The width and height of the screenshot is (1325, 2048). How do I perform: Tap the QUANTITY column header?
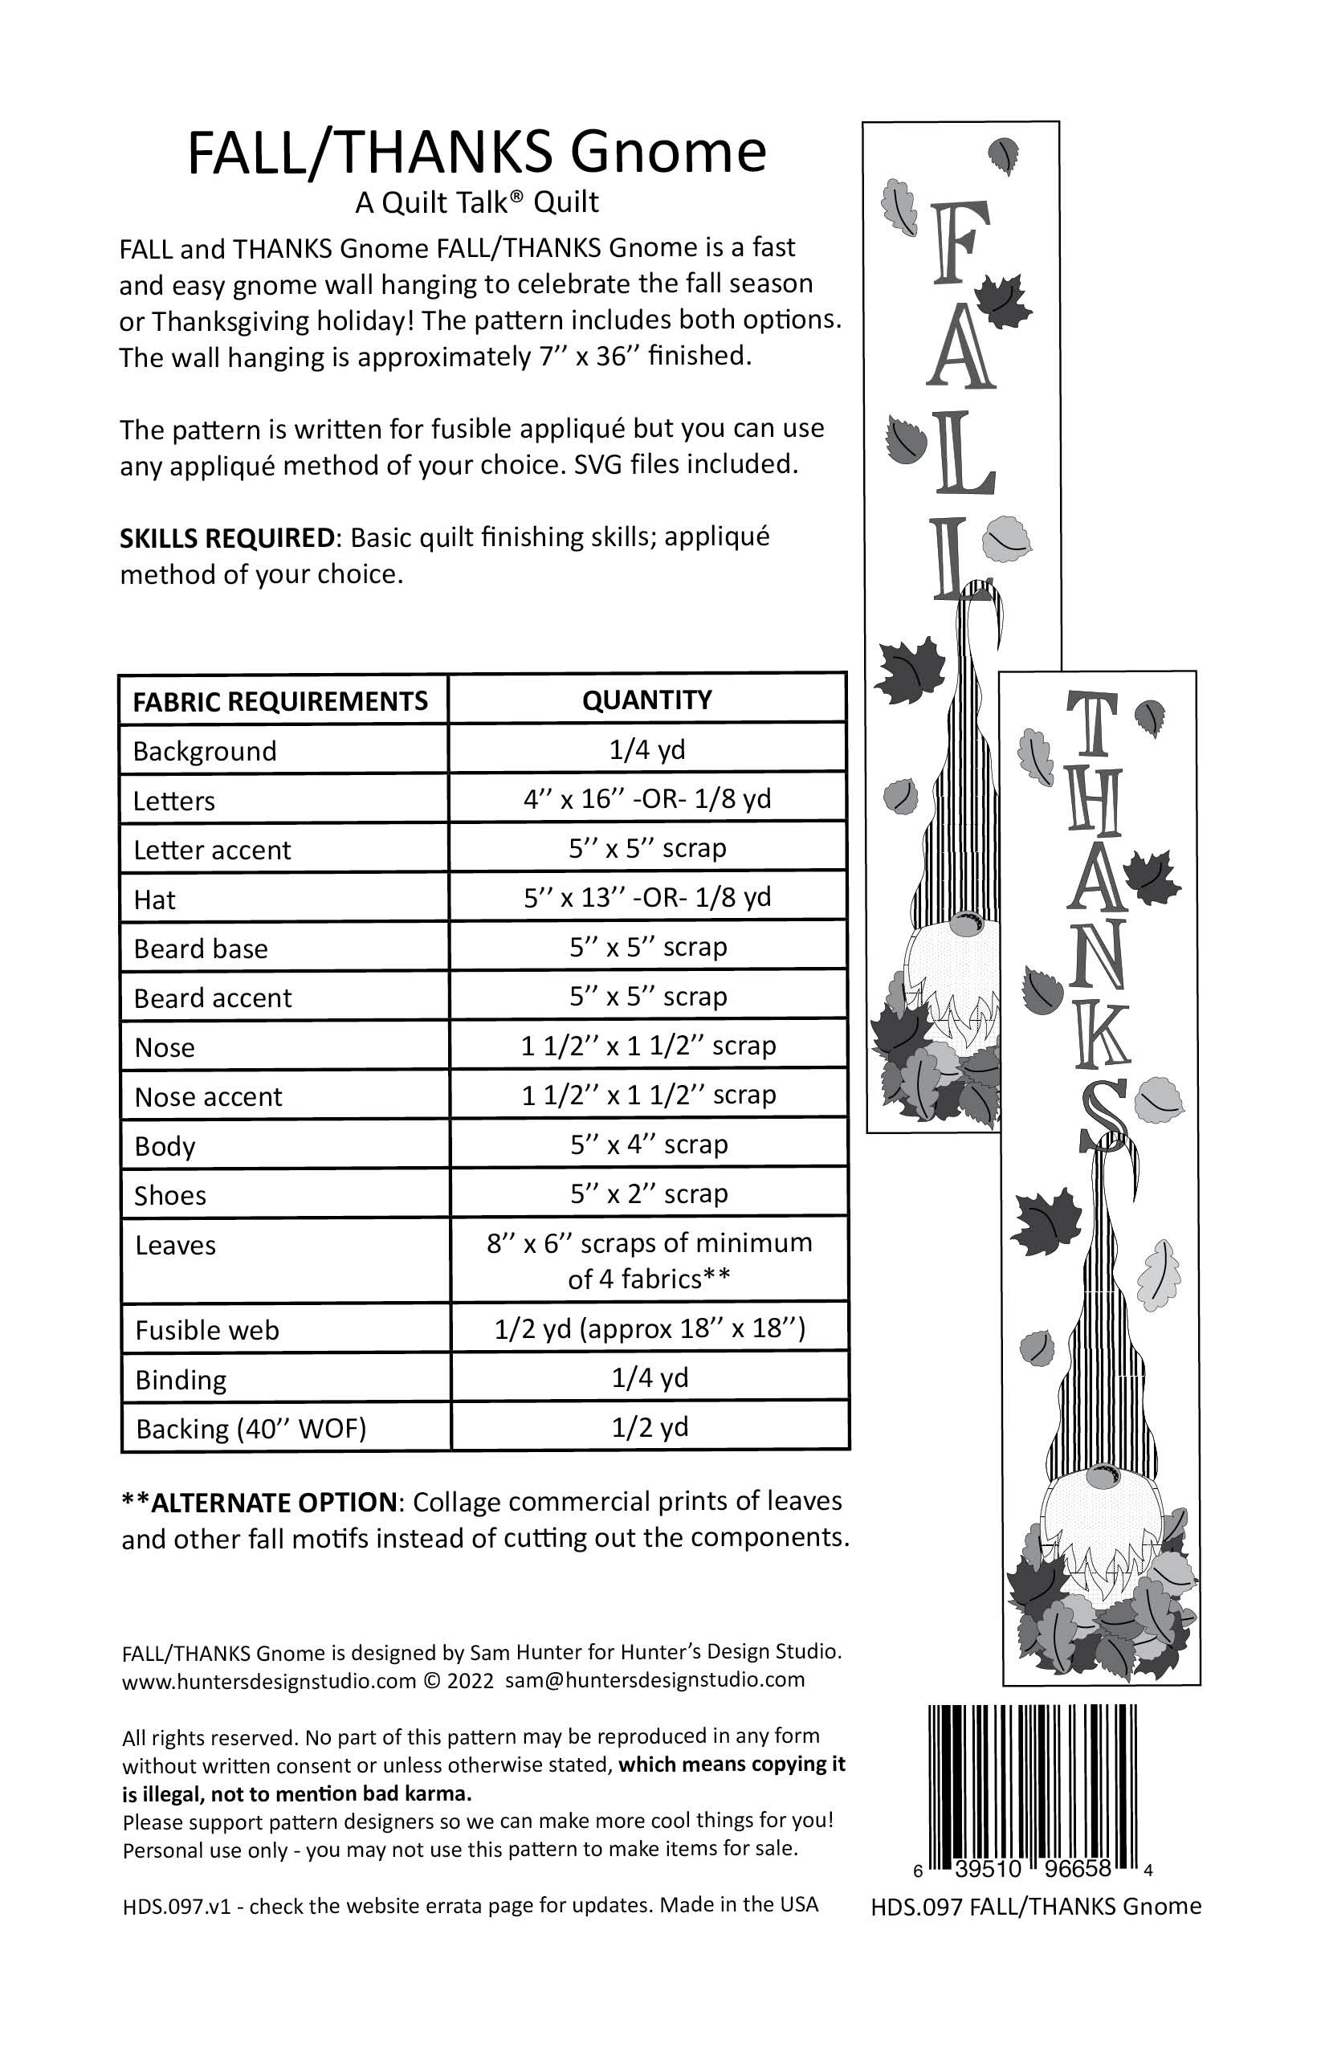click(x=647, y=700)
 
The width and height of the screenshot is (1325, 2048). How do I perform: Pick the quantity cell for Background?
click(x=647, y=749)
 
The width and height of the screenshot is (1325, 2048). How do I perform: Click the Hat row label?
click(x=155, y=900)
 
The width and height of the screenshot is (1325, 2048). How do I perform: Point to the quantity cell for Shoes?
click(x=649, y=1193)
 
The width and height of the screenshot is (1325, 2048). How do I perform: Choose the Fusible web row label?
click(x=207, y=1330)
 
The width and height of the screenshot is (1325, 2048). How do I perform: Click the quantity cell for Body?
click(x=649, y=1144)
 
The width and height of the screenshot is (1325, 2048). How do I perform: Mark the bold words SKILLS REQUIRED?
click(x=227, y=538)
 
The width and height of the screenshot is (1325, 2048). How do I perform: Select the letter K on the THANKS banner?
click(x=1099, y=1036)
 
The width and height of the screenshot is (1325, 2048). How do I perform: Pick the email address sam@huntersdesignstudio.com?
click(x=654, y=1679)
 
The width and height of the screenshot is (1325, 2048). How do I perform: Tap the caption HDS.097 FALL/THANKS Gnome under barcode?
click(x=1036, y=1906)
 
